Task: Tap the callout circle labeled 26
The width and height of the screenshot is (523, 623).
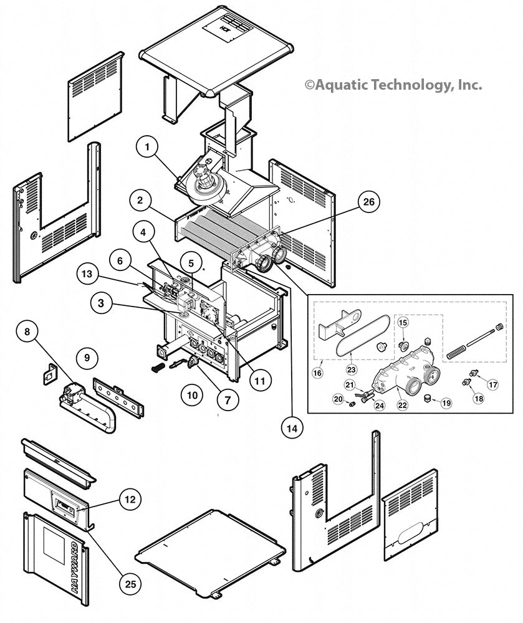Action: coord(368,201)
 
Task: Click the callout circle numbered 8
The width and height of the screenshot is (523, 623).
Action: coord(27,331)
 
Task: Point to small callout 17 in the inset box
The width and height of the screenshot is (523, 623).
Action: coord(492,384)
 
